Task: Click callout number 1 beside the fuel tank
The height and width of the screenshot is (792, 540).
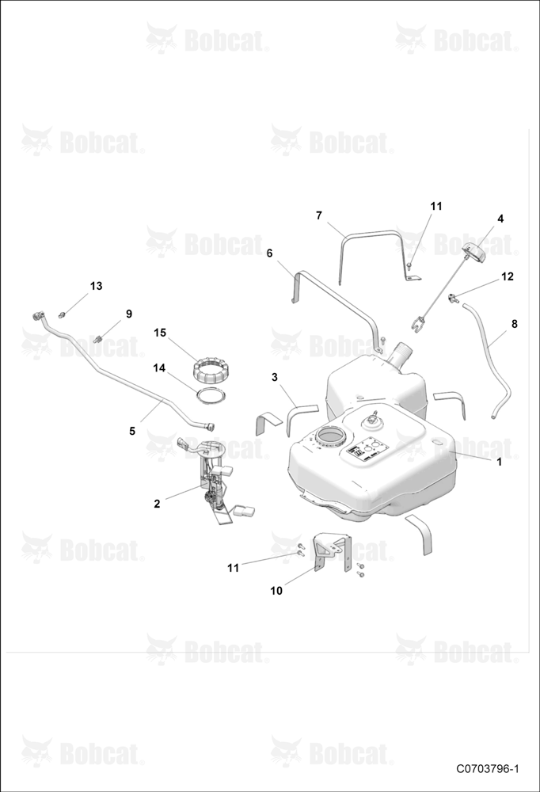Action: [x=499, y=462]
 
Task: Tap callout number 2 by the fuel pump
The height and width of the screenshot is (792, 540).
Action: [x=157, y=504]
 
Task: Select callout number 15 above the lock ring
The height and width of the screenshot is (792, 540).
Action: [x=160, y=333]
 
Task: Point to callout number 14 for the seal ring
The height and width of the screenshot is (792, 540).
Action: [x=159, y=368]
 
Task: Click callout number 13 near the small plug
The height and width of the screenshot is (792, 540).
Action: [x=96, y=286]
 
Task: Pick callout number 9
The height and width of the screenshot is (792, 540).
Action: [x=129, y=314]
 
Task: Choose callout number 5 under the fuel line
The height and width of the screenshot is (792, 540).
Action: [x=132, y=431]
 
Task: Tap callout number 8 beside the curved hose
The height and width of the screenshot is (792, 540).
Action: [x=514, y=324]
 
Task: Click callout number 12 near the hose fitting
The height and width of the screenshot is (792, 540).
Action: [x=508, y=276]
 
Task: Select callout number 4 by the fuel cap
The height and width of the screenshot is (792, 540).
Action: [x=500, y=219]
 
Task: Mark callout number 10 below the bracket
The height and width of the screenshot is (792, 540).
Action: [x=276, y=591]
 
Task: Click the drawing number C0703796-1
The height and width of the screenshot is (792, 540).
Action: [x=488, y=769]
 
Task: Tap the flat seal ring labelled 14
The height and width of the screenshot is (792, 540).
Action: [x=210, y=395]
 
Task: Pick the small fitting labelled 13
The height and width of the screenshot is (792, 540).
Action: [x=63, y=315]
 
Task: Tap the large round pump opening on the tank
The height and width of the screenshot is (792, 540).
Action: [x=329, y=435]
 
